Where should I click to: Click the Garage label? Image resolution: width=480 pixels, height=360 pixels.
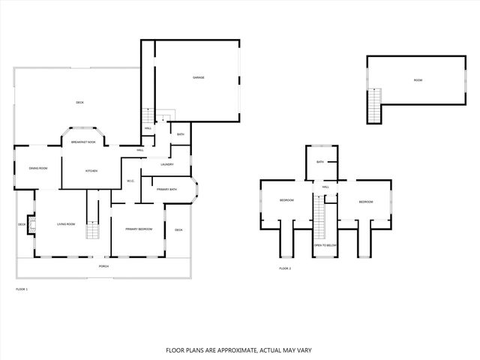(199, 77)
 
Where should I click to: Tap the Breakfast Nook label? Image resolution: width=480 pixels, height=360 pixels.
(82, 142)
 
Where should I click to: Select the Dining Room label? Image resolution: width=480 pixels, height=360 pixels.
(38, 168)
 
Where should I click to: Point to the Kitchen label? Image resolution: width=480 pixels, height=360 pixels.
(91, 171)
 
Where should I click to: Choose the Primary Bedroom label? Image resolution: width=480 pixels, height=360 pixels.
(139, 229)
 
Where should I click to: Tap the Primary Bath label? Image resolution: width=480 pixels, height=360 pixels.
(166, 190)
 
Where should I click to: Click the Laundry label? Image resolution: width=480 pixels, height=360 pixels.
(167, 164)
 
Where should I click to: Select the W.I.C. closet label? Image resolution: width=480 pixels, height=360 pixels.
(130, 181)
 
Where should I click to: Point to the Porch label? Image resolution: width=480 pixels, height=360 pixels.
(103, 266)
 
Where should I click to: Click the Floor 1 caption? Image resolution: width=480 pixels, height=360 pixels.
(21, 288)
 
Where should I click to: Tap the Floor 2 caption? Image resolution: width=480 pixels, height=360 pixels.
(284, 268)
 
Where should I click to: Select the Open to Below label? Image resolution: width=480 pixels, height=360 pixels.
(325, 245)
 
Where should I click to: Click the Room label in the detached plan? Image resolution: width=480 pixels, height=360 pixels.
(418, 80)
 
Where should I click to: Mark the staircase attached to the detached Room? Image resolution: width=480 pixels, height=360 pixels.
(373, 105)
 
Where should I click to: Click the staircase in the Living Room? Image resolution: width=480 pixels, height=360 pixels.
(92, 230)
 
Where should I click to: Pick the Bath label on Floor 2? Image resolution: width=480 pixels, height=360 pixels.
(320, 162)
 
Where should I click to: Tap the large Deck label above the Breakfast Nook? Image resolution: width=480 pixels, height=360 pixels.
(79, 102)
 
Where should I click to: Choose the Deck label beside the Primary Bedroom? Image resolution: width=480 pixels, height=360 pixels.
(178, 229)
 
